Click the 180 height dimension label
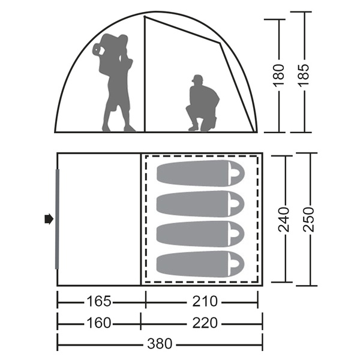[279, 76]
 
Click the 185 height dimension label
[304, 76]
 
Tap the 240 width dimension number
[283, 219]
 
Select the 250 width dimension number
[308, 219]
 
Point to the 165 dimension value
[99, 301]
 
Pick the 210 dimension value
[205, 301]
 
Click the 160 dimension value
[99, 323]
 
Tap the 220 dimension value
[205, 323]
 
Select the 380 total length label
[160, 344]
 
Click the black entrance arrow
[49, 219]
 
